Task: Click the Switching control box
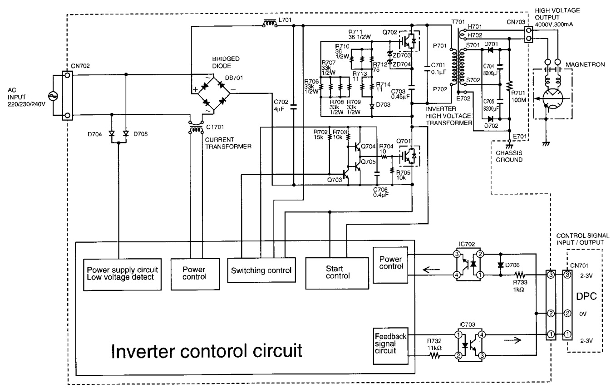click(x=261, y=271)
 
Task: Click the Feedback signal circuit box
click(x=391, y=347)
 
